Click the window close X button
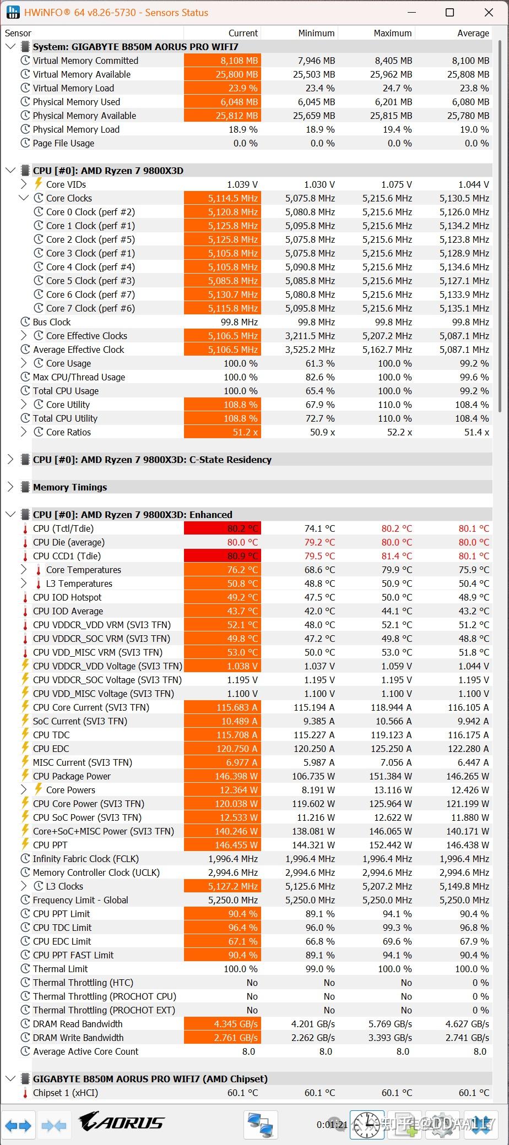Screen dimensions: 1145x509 tap(488, 13)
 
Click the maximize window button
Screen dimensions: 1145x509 tap(450, 13)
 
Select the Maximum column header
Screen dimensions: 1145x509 tap(392, 33)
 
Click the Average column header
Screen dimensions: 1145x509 tap(473, 33)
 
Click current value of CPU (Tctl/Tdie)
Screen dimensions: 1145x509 tap(223, 528)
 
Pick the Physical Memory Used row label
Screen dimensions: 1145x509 tap(76, 102)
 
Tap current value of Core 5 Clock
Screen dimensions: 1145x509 tap(223, 281)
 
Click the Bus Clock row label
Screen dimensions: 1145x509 tap(52, 322)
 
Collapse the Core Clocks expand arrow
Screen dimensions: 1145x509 tap(23, 198)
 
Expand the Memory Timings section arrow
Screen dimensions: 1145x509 tap(10, 487)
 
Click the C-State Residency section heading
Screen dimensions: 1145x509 tap(152, 460)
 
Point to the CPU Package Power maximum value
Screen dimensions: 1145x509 tap(391, 776)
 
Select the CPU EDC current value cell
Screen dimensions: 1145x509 tap(223, 749)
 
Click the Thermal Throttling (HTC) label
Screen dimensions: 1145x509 tap(83, 983)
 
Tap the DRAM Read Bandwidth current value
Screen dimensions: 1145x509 tap(223, 1024)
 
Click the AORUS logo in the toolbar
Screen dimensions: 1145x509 tap(121, 1122)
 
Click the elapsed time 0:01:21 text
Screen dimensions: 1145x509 tap(332, 1125)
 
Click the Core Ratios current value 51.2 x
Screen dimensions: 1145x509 tap(223, 432)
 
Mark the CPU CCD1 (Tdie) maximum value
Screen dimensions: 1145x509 tap(396, 556)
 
